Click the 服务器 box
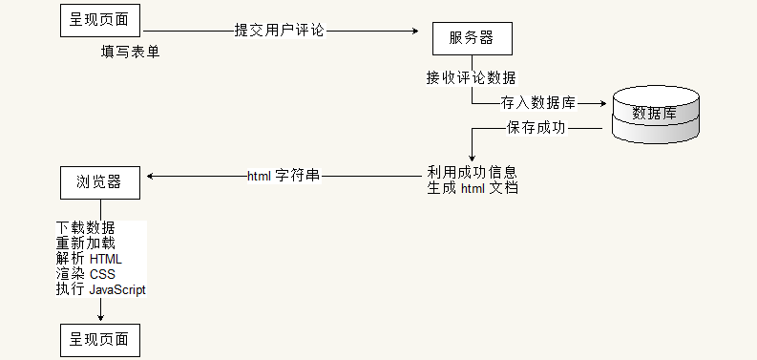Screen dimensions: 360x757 [x=473, y=38]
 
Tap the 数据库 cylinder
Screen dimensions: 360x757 [x=655, y=113]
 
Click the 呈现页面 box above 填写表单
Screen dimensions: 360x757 [x=100, y=17]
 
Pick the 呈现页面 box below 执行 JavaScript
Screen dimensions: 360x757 [x=100, y=339]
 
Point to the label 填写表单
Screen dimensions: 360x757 [x=131, y=52]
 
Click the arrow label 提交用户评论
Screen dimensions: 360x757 [x=280, y=30]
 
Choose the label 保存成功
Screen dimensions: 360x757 [x=536, y=128]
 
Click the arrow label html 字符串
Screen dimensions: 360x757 [x=284, y=176]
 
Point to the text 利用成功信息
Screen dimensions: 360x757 [x=472, y=173]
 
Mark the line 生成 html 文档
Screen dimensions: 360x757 [x=472, y=188]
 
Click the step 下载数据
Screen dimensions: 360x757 [x=86, y=228]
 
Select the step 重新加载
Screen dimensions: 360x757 [x=86, y=244]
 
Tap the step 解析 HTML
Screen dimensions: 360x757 [x=89, y=259]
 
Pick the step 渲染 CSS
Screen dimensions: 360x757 [x=86, y=274]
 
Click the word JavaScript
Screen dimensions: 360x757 [x=117, y=289]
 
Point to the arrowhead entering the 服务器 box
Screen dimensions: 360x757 [x=415, y=31]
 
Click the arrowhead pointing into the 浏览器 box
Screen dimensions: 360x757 [x=149, y=176]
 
